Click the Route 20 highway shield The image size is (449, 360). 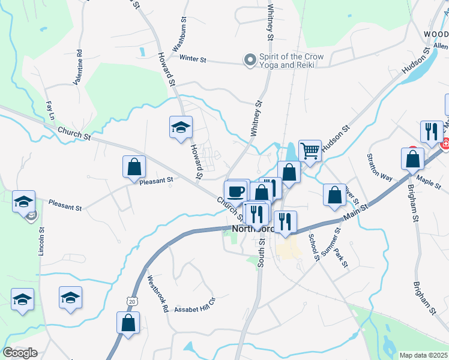(x=131, y=302)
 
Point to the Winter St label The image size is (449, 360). (x=193, y=59)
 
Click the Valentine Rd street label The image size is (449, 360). (x=79, y=62)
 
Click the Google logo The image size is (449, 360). (x=20, y=353)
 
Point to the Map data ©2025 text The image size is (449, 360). (x=423, y=355)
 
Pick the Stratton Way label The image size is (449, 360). (x=379, y=166)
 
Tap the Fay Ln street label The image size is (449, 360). (x=50, y=110)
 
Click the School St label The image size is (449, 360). (x=313, y=247)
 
